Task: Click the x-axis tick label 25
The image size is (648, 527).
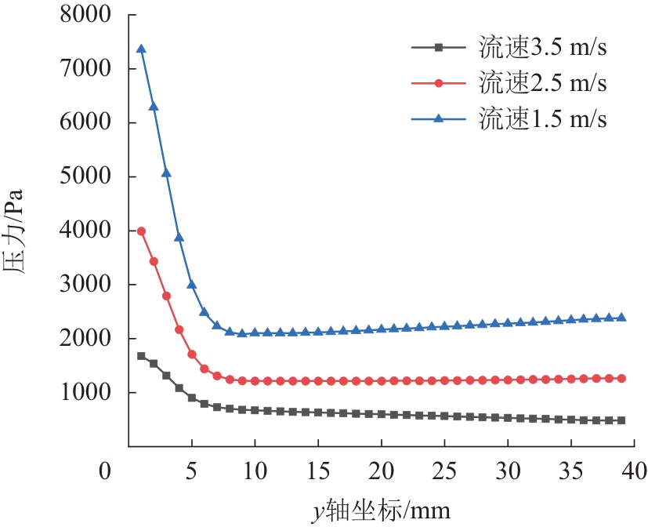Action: tap(444, 473)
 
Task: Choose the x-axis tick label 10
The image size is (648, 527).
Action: tap(254, 473)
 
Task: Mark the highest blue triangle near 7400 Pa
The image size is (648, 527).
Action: tap(141, 49)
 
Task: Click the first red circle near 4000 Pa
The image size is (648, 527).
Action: tap(141, 231)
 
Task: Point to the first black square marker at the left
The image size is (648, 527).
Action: tap(141, 356)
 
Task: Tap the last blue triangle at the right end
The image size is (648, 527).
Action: tap(621, 318)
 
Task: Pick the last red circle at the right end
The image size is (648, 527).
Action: tap(621, 378)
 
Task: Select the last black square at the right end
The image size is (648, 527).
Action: tap(621, 420)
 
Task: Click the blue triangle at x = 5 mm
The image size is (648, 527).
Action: tap(191, 285)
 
